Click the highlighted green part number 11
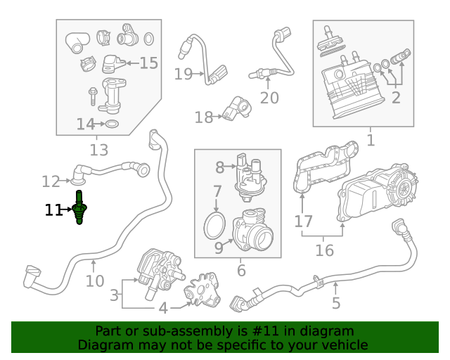coord(80,208)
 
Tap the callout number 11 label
coord(53,210)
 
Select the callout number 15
coord(148,63)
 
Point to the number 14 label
coord(85,124)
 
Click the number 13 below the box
coord(99,149)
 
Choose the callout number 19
coord(183,74)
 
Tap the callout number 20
coord(269,98)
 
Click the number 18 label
coord(203,117)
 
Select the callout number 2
coord(396,98)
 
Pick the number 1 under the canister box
coord(371,140)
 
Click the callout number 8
coord(219,167)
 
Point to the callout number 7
coord(217,191)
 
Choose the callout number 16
coord(324,250)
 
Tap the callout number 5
coord(336,303)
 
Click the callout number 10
coord(94,281)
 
